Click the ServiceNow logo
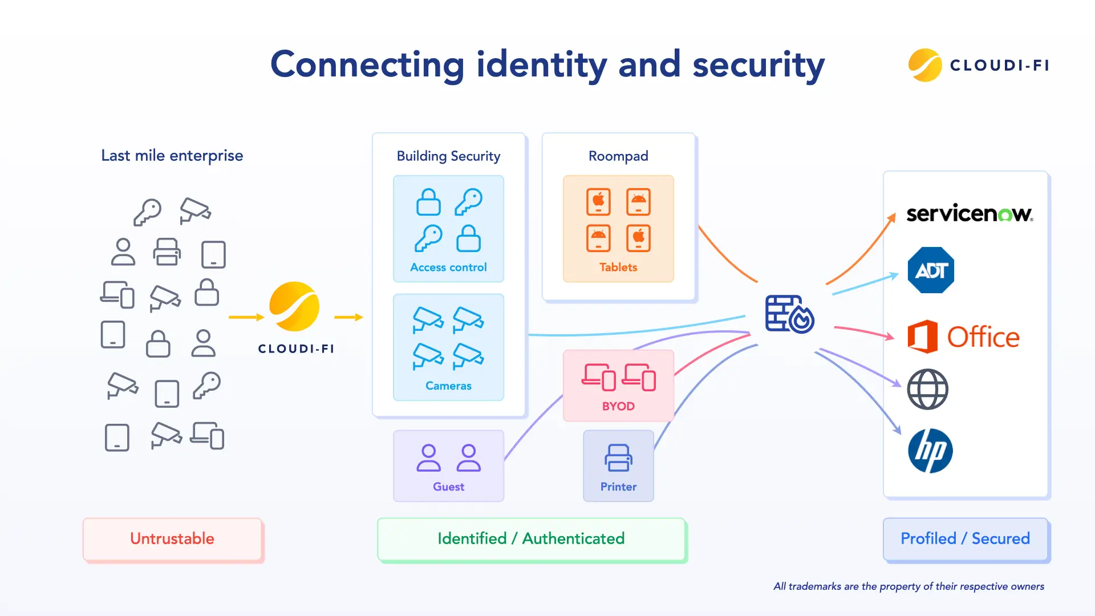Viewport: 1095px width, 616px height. [x=970, y=213]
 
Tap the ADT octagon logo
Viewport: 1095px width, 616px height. [x=931, y=270]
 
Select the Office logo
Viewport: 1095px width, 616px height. [x=963, y=337]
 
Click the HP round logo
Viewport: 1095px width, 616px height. [x=930, y=451]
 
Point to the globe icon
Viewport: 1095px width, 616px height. [x=928, y=390]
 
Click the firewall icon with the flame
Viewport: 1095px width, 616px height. [x=790, y=314]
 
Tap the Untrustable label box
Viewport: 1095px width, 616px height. [x=172, y=539]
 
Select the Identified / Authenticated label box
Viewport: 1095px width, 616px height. [x=531, y=539]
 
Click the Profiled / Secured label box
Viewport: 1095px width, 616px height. [x=966, y=539]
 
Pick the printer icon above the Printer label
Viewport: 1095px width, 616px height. [x=619, y=458]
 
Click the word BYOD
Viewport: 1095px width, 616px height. [x=618, y=406]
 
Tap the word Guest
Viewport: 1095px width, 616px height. [x=448, y=487]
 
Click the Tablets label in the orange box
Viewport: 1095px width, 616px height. [x=618, y=267]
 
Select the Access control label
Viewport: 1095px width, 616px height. [x=448, y=267]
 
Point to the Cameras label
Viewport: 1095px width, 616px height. [x=448, y=386]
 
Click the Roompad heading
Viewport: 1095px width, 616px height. [x=618, y=156]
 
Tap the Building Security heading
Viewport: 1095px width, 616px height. [x=448, y=156]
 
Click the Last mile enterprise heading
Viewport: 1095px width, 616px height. [x=172, y=156]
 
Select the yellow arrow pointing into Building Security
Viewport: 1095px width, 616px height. [x=348, y=317]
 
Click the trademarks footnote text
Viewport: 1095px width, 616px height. [x=909, y=586]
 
